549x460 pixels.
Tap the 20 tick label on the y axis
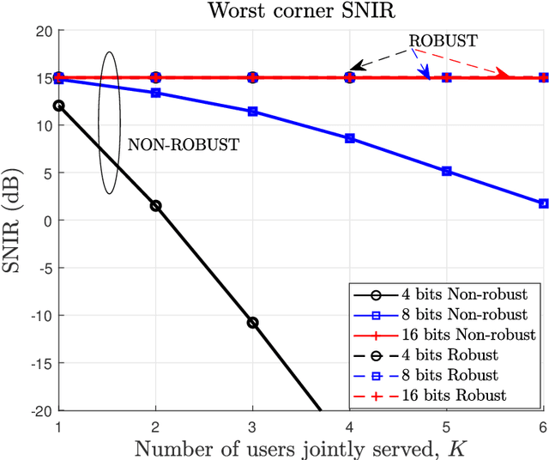[44, 30]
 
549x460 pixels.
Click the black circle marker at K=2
[155, 206]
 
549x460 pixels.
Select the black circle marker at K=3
[252, 323]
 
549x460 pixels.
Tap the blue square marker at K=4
[349, 138]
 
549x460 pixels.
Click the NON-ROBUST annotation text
[184, 145]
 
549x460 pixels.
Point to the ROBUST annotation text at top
[443, 40]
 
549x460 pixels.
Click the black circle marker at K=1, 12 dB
[58, 106]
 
